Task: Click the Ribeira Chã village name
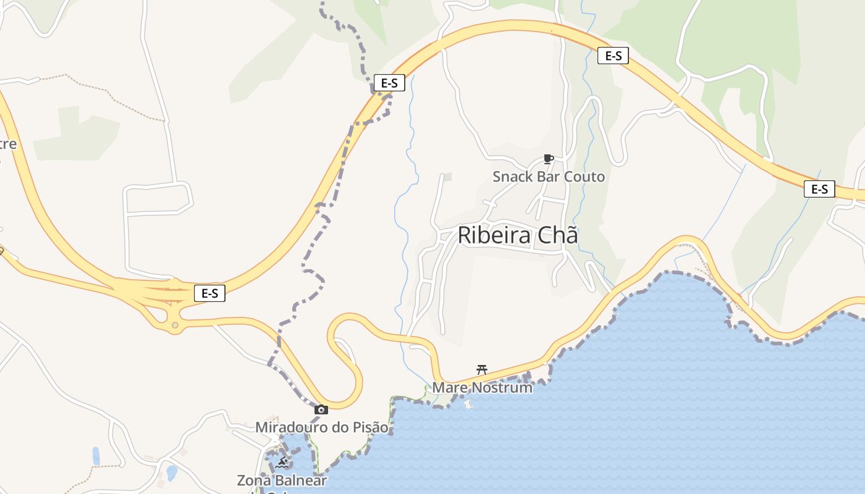[518, 235]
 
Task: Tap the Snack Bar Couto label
[549, 177]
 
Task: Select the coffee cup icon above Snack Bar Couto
[547, 159]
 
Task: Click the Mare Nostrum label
[482, 388]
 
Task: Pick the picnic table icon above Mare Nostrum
[482, 370]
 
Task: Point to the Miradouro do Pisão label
[322, 427]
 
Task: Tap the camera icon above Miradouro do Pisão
[321, 409]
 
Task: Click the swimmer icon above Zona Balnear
[282, 462]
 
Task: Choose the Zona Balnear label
[282, 480]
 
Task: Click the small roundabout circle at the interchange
[175, 325]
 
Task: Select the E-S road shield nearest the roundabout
[209, 293]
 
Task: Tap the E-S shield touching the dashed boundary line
[389, 83]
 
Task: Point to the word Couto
[584, 177]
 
